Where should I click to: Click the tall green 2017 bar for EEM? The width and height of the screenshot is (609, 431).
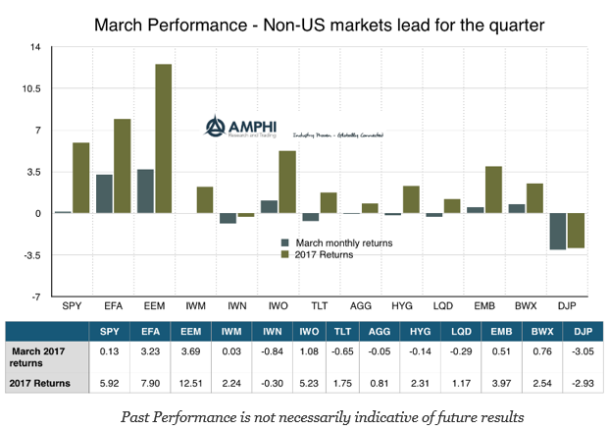click(x=163, y=138)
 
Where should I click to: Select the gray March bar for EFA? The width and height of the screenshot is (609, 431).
click(x=104, y=193)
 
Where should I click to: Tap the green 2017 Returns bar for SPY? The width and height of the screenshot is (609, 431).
click(x=80, y=178)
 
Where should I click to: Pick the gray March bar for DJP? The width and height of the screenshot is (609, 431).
click(x=557, y=231)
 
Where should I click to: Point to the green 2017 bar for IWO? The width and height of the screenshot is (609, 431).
click(x=287, y=182)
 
